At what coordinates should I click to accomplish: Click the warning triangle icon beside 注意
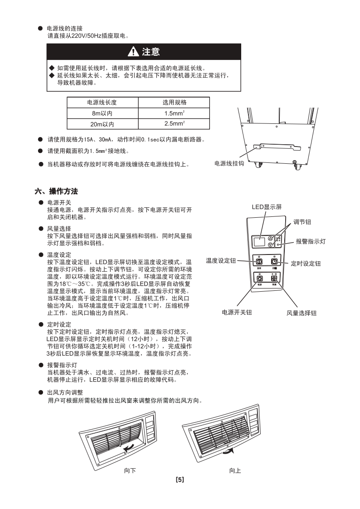point(133,52)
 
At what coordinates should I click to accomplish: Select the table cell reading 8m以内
point(102,113)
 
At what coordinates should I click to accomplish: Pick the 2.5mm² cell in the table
point(174,124)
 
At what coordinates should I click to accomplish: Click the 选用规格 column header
point(174,103)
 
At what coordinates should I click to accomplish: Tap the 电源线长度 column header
point(102,103)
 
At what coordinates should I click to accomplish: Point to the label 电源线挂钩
point(229,163)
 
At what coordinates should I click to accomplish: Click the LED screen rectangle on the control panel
point(259,241)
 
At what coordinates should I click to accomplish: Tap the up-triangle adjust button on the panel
point(271,238)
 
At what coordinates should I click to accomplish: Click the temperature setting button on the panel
point(259,262)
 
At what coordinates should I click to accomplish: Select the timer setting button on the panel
point(274,262)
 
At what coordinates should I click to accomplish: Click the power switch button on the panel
point(259,279)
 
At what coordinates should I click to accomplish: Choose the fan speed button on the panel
point(274,279)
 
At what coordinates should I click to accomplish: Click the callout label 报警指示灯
point(311,242)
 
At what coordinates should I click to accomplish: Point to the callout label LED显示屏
point(267,207)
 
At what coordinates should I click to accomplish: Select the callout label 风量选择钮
point(301,313)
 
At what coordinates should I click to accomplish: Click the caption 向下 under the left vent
point(130,470)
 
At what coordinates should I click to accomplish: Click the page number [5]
point(180,479)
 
